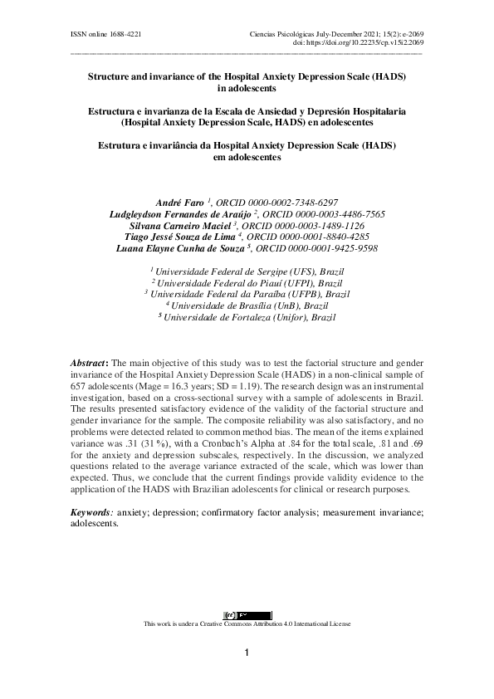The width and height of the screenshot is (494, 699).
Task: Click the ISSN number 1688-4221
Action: click(125, 35)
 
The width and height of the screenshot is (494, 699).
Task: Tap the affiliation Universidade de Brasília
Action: click(249, 306)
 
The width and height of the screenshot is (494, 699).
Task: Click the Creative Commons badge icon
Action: click(247, 615)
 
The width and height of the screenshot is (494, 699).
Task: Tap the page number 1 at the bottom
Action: click(247, 653)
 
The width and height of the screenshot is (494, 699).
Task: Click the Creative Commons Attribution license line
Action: click(247, 623)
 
